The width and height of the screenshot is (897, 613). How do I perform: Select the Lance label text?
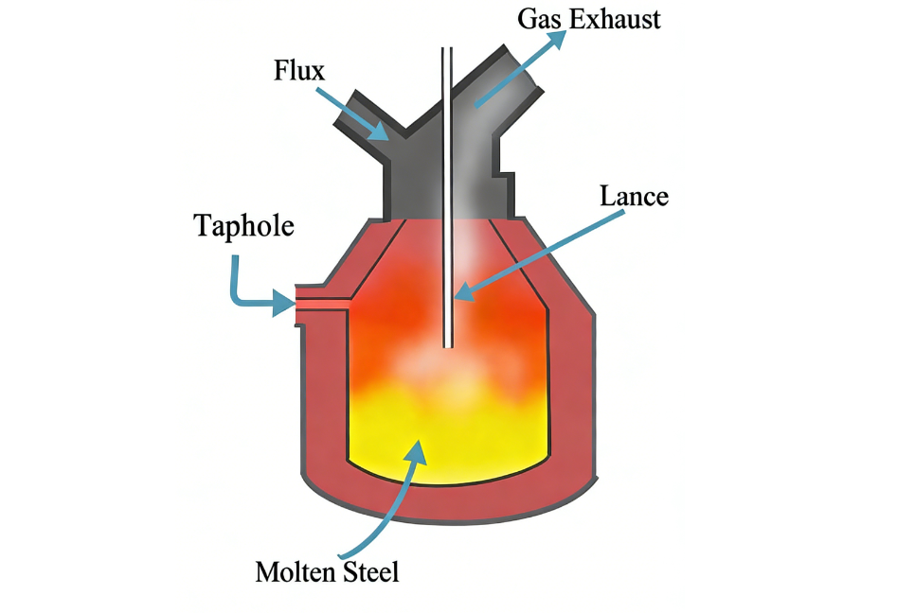click(x=634, y=197)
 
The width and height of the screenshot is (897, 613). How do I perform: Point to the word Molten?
click(x=292, y=572)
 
